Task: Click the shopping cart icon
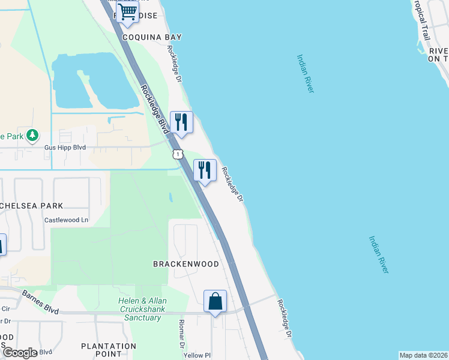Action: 128,12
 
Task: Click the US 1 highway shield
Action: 178,155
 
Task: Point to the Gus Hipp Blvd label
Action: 65,148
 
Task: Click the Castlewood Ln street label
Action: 66,220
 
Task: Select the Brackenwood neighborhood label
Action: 185,264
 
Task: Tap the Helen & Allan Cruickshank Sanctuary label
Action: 142,308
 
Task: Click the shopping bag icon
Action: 215,301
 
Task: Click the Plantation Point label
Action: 109,350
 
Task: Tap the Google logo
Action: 20,353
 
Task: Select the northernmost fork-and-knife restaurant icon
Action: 181,122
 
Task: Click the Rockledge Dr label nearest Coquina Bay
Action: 175,64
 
